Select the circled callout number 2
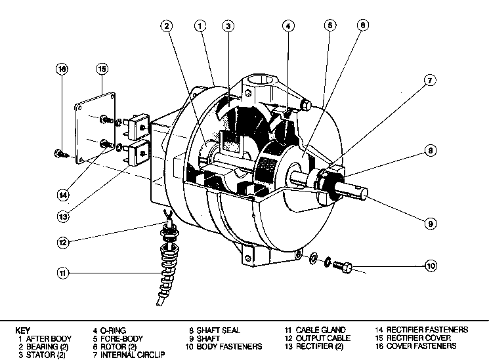pyautogui.click(x=167, y=26)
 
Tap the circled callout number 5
pyautogui.click(x=330, y=26)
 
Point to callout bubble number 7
pyautogui.click(x=429, y=81)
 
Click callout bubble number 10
pyautogui.click(x=431, y=266)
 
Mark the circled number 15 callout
pyautogui.click(x=102, y=68)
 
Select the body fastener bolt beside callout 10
pyautogui.click(x=341, y=267)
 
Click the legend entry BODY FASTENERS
pyautogui.click(x=227, y=346)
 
